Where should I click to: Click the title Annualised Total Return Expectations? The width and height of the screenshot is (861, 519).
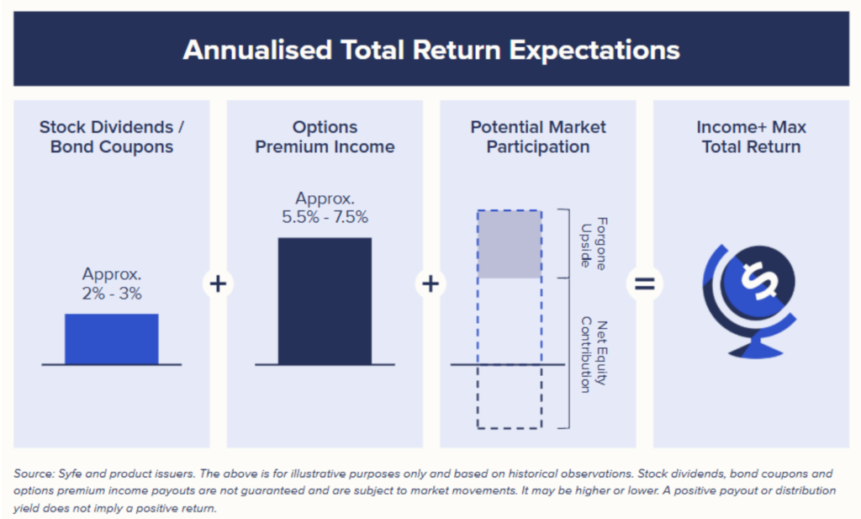pos(430,50)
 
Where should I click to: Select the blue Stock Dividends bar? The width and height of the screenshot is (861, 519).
pos(111,338)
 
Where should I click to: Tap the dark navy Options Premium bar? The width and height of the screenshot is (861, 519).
pos(325,300)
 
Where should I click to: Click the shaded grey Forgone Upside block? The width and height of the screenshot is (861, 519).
pos(509,244)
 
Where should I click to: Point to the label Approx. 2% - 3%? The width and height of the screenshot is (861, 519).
pos(112,284)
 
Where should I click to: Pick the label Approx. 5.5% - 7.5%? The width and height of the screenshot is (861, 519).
pos(325,208)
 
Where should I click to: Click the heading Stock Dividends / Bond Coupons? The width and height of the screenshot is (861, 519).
pos(112,137)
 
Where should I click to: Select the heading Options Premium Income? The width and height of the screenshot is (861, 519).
pos(325,137)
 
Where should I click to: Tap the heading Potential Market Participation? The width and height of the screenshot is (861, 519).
pos(538,137)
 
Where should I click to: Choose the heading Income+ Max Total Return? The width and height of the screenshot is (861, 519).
pos(751,137)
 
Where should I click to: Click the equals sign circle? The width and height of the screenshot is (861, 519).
pos(644,284)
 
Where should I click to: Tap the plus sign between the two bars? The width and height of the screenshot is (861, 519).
pos(218,284)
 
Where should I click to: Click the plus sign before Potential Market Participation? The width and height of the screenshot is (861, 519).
pos(430,284)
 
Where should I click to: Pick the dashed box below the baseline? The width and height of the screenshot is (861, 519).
pos(509,397)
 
